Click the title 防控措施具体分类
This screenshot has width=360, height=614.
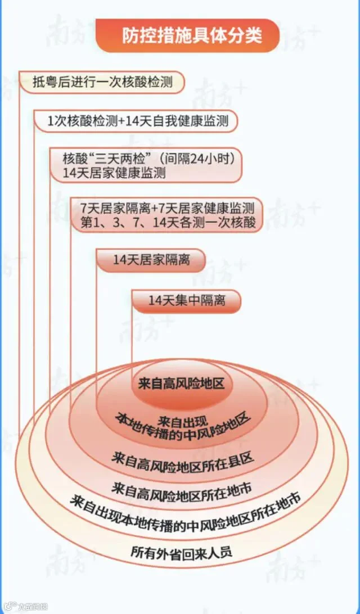[x=192, y=35]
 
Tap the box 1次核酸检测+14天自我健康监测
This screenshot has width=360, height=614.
[x=138, y=121]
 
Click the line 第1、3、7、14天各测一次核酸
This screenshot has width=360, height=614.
[x=168, y=222]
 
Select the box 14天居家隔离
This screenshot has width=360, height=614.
[x=151, y=260]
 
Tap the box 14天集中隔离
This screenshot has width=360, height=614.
[x=187, y=301]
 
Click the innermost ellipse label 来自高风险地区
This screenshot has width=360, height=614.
[x=181, y=383]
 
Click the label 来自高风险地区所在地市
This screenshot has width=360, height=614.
[x=181, y=490]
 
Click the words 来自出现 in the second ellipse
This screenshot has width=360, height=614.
[x=179, y=421]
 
